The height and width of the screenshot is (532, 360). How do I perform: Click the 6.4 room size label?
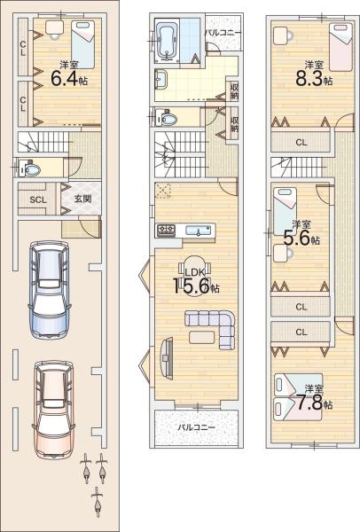click(x=69, y=78)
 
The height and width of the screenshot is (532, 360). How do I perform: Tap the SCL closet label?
click(x=38, y=199)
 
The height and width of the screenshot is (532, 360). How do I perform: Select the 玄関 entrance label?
click(x=82, y=198)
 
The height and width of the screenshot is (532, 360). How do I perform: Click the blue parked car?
click(x=51, y=289)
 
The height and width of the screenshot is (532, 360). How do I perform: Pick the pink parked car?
click(x=53, y=410)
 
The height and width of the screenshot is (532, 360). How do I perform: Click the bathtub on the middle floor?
click(x=167, y=42)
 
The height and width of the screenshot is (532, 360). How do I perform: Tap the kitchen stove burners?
click(x=166, y=231)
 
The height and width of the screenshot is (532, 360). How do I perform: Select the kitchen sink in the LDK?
click(x=198, y=231)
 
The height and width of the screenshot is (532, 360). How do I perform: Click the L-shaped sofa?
click(x=210, y=328)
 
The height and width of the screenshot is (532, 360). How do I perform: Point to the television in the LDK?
click(x=166, y=357)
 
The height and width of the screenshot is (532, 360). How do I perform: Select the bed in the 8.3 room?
click(x=341, y=46)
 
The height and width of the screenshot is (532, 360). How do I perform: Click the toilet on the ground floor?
click(x=30, y=169)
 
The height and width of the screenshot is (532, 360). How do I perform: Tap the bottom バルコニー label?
click(x=197, y=426)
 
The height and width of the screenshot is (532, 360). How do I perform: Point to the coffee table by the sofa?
click(x=202, y=337)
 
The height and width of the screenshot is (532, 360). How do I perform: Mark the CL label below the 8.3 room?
click(x=301, y=143)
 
